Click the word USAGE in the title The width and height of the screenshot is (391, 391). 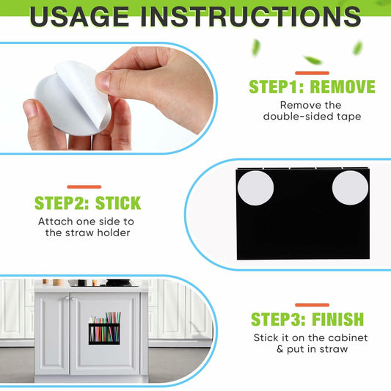pyautogui.click(x=79, y=17)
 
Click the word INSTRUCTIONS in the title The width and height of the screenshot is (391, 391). pyautogui.click(x=251, y=17)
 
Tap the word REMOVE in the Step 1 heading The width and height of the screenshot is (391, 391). pyautogui.click(x=343, y=87)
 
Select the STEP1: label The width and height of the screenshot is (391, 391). pyautogui.click(x=277, y=87)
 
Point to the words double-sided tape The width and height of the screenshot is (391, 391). pyautogui.click(x=312, y=117)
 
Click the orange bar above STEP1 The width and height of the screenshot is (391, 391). pyautogui.click(x=312, y=73)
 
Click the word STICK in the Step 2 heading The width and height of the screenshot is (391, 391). pyautogui.click(x=118, y=203)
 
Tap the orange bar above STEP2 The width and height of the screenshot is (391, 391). pyautogui.click(x=84, y=187)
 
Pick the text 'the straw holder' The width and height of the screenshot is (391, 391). pyautogui.click(x=87, y=233)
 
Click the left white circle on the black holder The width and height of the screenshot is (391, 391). pyautogui.click(x=255, y=188)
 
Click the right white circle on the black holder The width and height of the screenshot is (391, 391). pyautogui.click(x=350, y=188)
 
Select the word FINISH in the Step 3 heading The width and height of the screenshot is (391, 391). pyautogui.click(x=338, y=319)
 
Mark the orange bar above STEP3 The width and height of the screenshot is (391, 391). pyautogui.click(x=312, y=305)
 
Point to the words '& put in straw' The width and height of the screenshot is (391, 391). pyautogui.click(x=312, y=349)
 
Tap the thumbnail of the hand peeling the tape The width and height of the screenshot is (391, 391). pyautogui.click(x=107, y=98)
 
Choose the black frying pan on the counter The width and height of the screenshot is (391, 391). pyautogui.click(x=119, y=282)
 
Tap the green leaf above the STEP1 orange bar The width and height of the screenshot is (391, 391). pyautogui.click(x=313, y=60)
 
